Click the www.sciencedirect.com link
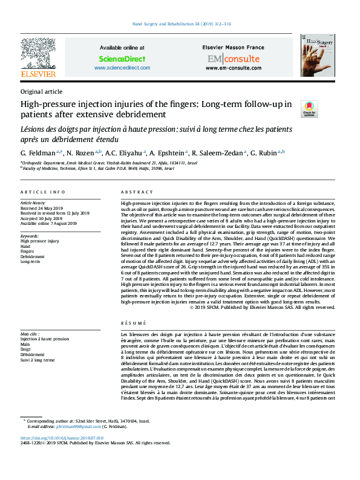(122, 68)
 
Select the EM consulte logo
(232, 59)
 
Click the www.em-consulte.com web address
(232, 68)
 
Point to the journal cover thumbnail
(318, 55)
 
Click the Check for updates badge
(309, 109)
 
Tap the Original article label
(41, 91)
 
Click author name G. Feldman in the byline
(38, 153)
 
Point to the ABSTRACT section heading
(134, 192)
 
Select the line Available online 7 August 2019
(48, 224)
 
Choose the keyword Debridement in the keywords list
(33, 257)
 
